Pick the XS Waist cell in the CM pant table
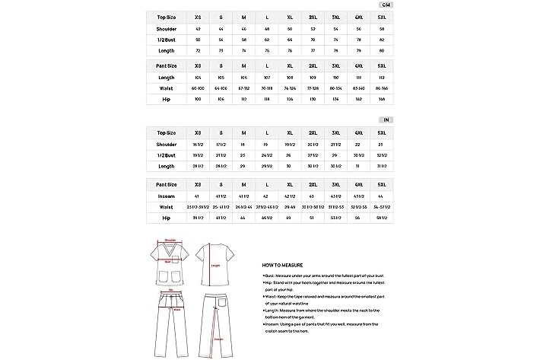point(198,88)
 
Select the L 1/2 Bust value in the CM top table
point(267,40)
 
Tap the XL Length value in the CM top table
point(290,50)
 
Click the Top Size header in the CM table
point(166,17)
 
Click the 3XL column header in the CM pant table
point(336,66)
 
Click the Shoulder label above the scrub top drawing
point(170,238)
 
